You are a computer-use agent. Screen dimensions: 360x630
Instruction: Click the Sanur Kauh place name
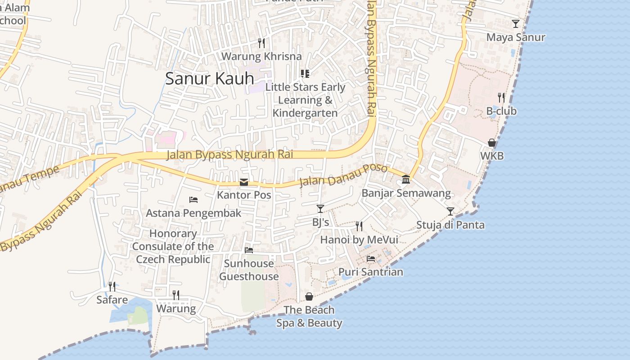pyautogui.click(x=209, y=78)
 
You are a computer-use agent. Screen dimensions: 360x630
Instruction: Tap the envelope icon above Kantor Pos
pyautogui.click(x=244, y=182)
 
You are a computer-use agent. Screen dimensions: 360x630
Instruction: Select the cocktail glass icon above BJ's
pyautogui.click(x=320, y=208)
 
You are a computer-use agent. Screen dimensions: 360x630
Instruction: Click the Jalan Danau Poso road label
pyautogui.click(x=343, y=175)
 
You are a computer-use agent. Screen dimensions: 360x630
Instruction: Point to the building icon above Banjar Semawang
pyautogui.click(x=406, y=180)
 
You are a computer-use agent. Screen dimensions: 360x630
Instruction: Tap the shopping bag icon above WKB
pyautogui.click(x=492, y=143)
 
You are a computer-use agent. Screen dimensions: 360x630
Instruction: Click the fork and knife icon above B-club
pyautogui.click(x=501, y=97)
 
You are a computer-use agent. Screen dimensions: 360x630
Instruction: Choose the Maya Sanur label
pyautogui.click(x=516, y=37)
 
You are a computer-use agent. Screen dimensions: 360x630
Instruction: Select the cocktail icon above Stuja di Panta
pyautogui.click(x=450, y=211)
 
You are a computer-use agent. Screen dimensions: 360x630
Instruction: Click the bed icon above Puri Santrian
pyautogui.click(x=371, y=258)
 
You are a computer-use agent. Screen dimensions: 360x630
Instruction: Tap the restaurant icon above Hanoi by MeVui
pyautogui.click(x=359, y=226)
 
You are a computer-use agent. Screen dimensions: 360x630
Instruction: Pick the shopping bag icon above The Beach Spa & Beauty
pyautogui.click(x=309, y=297)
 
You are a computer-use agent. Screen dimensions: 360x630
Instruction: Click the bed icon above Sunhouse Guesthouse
pyautogui.click(x=249, y=250)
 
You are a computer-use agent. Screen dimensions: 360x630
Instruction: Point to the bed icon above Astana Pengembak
pyautogui.click(x=193, y=199)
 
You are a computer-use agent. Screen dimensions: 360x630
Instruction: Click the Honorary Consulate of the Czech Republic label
pyautogui.click(x=173, y=246)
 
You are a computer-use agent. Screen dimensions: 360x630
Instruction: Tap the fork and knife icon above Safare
pyautogui.click(x=112, y=286)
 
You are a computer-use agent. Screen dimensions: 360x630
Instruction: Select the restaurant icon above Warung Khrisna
pyautogui.click(x=261, y=43)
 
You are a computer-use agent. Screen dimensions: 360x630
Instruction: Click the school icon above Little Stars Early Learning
pyautogui.click(x=305, y=73)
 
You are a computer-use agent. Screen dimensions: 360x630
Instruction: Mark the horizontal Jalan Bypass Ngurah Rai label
pyautogui.click(x=229, y=154)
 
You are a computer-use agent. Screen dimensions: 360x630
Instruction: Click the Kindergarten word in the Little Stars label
pyautogui.click(x=305, y=113)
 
